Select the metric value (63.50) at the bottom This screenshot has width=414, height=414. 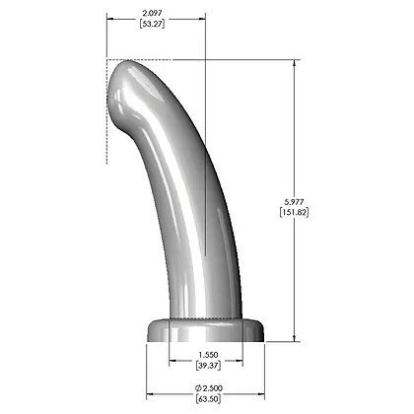coord(206,401)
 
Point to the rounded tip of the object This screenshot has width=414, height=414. coord(122,79)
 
